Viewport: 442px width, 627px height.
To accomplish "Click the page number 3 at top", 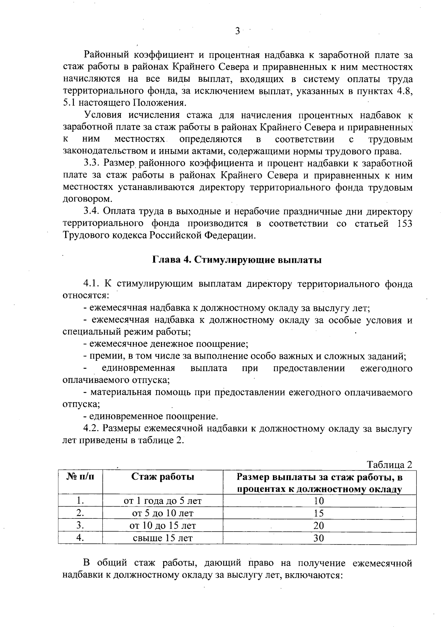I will [x=238, y=31].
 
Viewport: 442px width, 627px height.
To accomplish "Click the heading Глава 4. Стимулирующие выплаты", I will [x=237, y=260].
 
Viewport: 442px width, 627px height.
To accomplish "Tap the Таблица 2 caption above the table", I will [x=389, y=464].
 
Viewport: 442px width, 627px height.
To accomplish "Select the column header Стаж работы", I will [x=163, y=477].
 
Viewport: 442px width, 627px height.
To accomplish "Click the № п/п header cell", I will [x=80, y=477].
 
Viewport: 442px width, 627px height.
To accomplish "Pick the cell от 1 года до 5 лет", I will [x=163, y=501].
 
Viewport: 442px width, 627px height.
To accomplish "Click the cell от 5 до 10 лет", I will [x=163, y=513].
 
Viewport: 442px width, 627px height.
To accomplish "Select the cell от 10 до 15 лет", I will [x=163, y=525].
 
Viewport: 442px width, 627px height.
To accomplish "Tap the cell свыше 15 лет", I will [x=163, y=538].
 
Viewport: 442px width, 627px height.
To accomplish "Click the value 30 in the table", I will [x=319, y=538].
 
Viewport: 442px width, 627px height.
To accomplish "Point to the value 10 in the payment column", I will [x=319, y=501].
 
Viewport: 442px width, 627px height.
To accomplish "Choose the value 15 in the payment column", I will [x=319, y=513].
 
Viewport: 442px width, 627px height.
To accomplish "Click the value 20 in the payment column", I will [x=319, y=525].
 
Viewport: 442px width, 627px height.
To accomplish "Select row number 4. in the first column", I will [x=80, y=538].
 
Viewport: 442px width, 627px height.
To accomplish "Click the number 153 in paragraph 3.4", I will [x=404, y=224].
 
